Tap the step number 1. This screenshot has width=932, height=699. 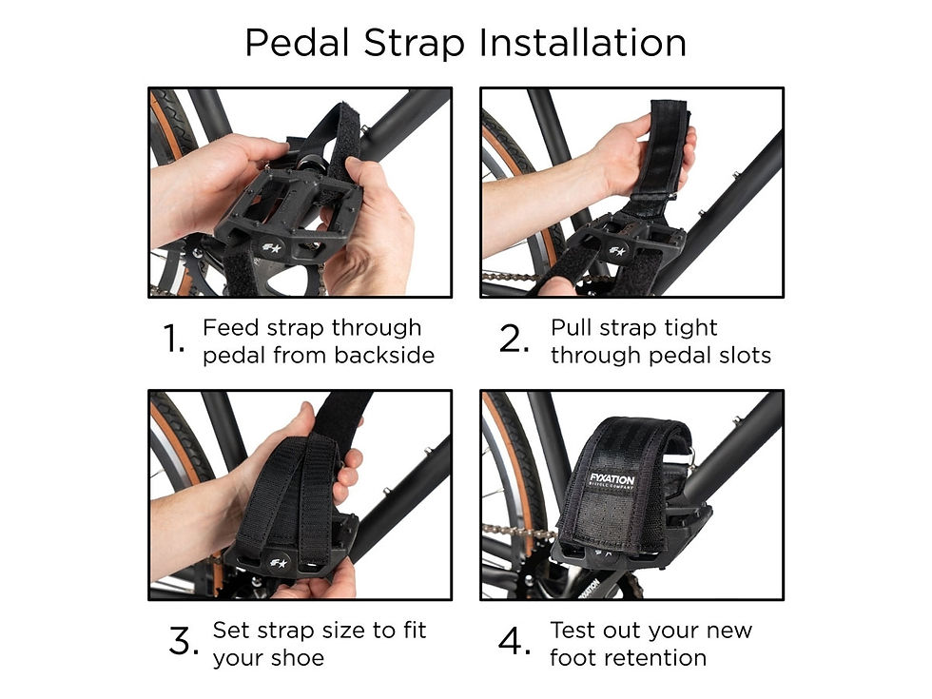click(x=173, y=340)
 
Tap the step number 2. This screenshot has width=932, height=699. click(x=515, y=340)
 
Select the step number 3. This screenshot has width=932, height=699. click(x=183, y=643)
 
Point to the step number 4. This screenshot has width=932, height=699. click(x=515, y=643)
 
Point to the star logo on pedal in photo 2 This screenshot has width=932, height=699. click(x=616, y=252)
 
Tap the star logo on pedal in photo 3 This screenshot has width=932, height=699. click(x=279, y=558)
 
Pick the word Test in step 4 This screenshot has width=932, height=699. click(x=575, y=630)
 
